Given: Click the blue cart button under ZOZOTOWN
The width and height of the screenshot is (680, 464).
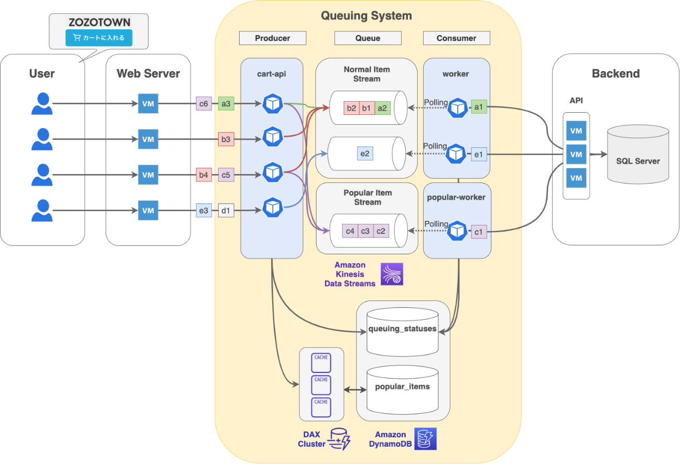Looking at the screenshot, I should click(99, 38).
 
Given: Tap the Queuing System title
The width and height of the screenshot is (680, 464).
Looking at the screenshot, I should click(366, 16).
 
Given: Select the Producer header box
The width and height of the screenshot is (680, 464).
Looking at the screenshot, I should click(272, 38).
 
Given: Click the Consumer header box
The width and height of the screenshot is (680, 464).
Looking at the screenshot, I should click(456, 38).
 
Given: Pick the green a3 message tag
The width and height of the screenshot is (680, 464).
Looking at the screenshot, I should click(226, 104).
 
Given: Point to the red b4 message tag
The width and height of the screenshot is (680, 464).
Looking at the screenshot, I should click(203, 175).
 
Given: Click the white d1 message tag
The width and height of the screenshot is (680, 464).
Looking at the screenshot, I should click(226, 211).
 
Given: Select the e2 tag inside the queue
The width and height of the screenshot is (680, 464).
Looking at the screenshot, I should click(365, 154).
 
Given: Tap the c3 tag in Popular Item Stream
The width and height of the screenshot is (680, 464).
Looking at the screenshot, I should click(365, 231).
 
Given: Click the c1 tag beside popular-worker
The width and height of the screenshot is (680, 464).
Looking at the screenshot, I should click(478, 231).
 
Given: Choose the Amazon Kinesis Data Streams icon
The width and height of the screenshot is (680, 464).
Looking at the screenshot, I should click(392, 274).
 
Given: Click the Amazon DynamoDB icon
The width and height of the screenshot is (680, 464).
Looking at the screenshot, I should click(425, 439).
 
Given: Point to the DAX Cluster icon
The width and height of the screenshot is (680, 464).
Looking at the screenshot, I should click(339, 439).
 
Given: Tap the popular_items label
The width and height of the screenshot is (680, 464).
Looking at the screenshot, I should click(402, 386).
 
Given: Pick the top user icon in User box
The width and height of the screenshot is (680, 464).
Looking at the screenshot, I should click(42, 104).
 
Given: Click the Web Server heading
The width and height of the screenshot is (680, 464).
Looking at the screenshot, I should click(148, 73).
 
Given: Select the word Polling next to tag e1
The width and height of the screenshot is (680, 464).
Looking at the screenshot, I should click(435, 146).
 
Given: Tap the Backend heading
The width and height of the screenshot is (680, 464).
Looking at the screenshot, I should click(616, 73).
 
